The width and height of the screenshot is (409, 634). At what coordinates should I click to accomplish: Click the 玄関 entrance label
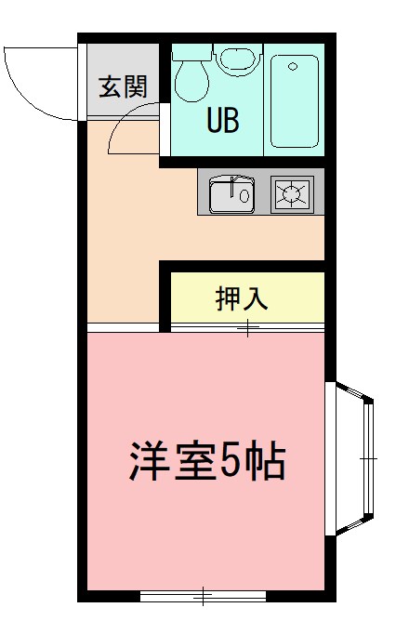[x=124, y=88]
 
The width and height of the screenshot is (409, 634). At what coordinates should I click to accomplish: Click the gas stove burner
[x=292, y=193]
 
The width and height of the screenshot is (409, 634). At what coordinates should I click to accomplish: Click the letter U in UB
[x=214, y=120]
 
